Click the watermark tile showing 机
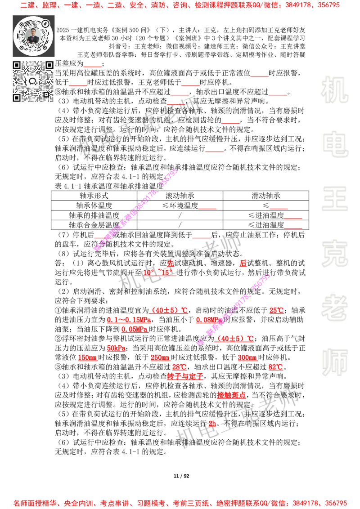coord(334,90)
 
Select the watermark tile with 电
coord(336,144)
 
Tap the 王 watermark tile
coord(334,199)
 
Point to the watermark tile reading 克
coord(334,253)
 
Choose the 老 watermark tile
coord(334,308)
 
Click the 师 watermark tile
coord(334,363)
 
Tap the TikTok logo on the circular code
coord(46,24)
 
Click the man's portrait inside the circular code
coord(33,36)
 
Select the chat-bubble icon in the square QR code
coord(33,81)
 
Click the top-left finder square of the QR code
coord(17,65)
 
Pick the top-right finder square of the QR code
coord(49,65)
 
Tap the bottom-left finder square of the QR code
coord(17,98)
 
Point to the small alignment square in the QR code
coord(45,94)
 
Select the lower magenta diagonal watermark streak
coord(233,309)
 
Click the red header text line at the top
coord(180,5)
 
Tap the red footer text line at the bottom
coord(180,503)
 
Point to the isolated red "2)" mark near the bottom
coord(212,424)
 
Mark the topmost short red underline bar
coord(93,67)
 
